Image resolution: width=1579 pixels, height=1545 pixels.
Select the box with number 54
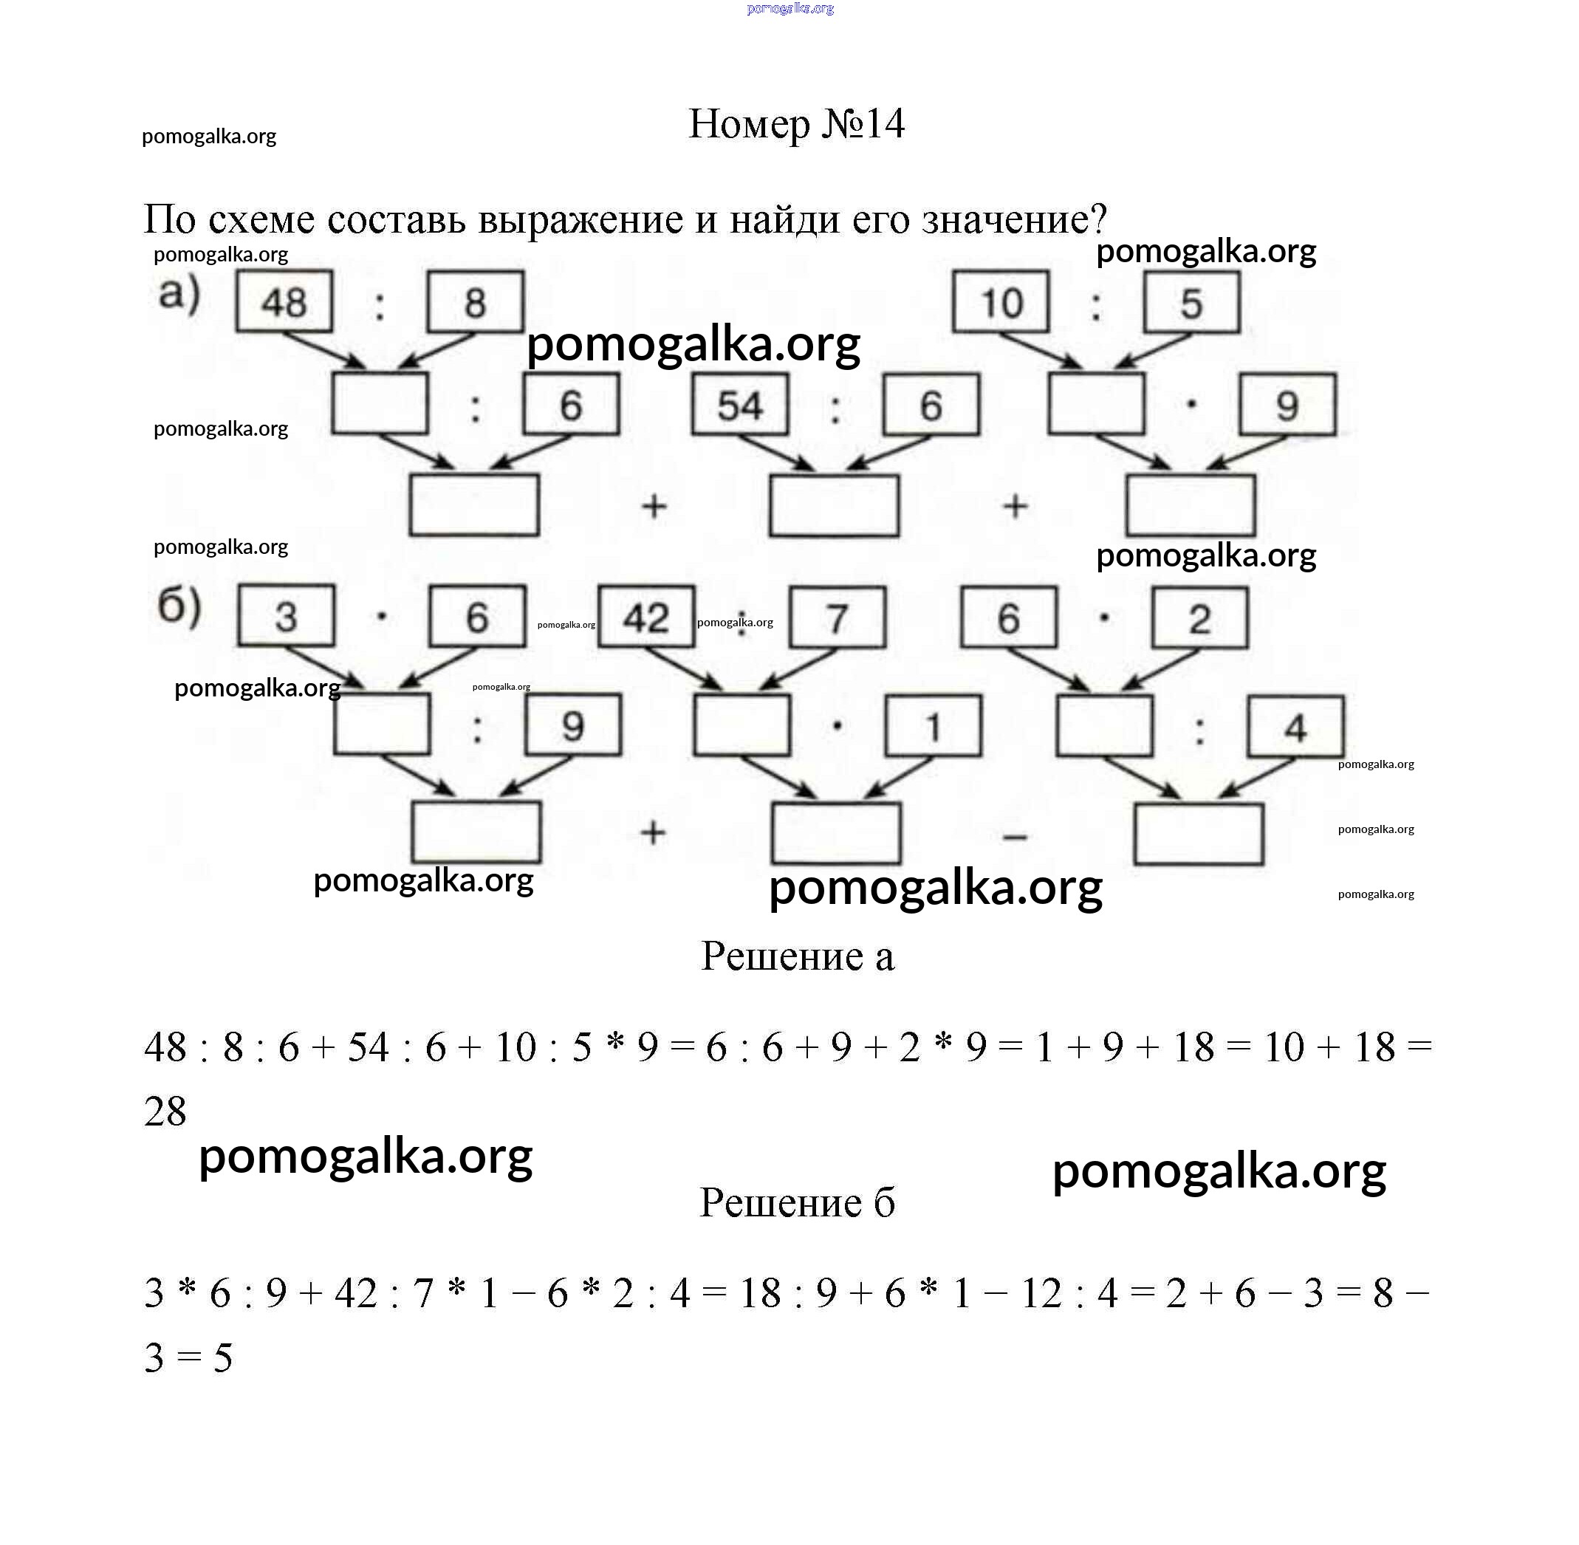[x=739, y=404]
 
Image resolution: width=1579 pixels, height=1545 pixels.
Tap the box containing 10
[x=1001, y=303]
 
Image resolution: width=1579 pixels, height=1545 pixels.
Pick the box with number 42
[x=646, y=617]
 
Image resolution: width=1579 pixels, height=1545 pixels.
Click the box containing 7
[x=838, y=617]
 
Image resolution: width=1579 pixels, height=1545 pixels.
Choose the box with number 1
[x=933, y=725]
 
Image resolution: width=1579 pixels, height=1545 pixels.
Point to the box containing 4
[x=1295, y=726]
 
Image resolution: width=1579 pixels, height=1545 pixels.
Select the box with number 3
[x=286, y=616]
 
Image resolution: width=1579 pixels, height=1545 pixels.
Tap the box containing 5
[x=1191, y=303]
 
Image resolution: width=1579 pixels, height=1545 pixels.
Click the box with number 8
[x=476, y=302]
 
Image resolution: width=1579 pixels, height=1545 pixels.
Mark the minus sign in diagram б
[x=1015, y=836]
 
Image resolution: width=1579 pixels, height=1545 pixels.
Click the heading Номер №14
[x=796, y=124]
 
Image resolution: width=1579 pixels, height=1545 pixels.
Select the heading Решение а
[x=797, y=956]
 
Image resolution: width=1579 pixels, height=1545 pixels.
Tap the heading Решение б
[x=797, y=1202]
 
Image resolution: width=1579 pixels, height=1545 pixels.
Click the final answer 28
[x=165, y=1111]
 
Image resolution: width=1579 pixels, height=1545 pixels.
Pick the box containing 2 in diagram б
[x=1199, y=618]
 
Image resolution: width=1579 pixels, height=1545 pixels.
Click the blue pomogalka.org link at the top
[x=789, y=9]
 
